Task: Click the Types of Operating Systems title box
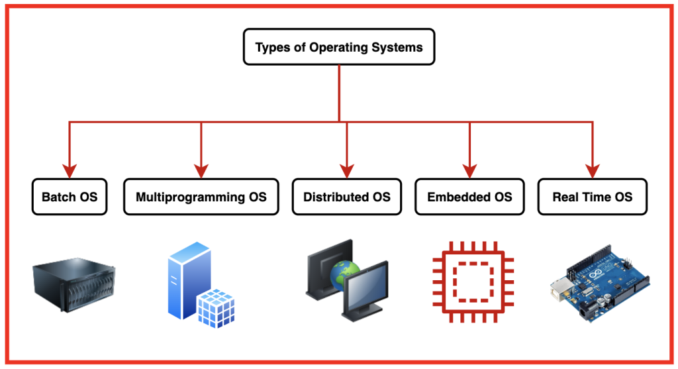(339, 46)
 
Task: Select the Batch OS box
(70, 197)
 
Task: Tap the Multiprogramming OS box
(201, 197)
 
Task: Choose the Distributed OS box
(346, 197)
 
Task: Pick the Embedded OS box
(469, 197)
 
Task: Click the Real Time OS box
(592, 197)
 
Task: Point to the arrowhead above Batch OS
(70, 169)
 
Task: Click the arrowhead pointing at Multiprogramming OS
(201, 169)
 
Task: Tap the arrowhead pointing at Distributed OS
(346, 169)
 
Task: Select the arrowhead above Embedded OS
(469, 169)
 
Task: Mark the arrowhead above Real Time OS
(592, 169)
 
